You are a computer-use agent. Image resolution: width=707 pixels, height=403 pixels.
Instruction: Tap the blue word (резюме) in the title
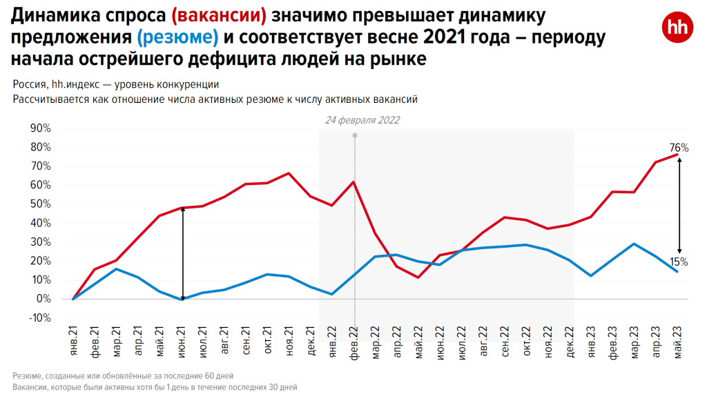(x=177, y=37)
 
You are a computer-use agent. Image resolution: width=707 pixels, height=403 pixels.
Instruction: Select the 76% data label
(x=679, y=148)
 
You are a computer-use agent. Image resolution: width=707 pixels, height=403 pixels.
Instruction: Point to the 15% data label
(x=679, y=262)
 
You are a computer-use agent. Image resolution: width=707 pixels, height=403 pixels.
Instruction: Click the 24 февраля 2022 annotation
(x=362, y=119)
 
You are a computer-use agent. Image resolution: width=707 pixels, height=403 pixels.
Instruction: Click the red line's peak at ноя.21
(x=289, y=173)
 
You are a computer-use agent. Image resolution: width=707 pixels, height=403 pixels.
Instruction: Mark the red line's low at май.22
(x=418, y=277)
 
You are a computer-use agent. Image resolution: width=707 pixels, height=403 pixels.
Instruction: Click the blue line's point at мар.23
(x=634, y=244)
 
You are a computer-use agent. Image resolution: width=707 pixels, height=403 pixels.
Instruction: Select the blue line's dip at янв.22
(x=332, y=295)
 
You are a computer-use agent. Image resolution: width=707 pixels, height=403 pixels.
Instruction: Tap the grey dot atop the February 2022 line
(x=355, y=135)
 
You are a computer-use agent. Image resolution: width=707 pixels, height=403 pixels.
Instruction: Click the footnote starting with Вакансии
(x=155, y=388)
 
